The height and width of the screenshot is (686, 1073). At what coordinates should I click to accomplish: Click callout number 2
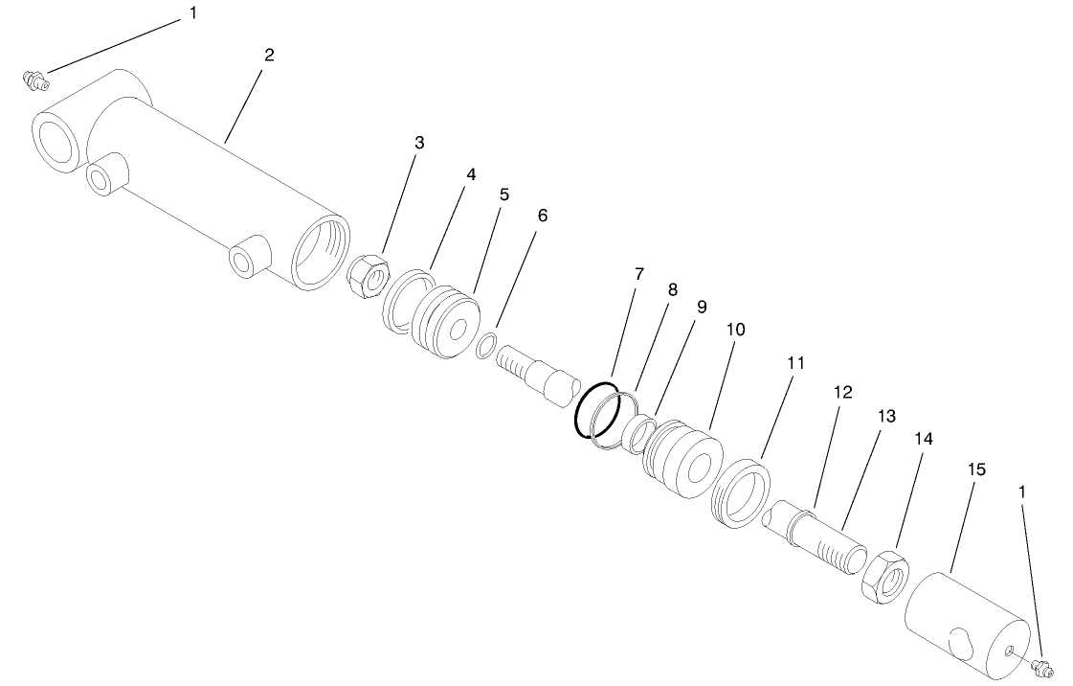[x=269, y=55]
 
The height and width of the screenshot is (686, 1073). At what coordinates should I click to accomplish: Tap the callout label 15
[x=976, y=469]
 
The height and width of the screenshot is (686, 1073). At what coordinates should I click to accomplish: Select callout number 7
[x=638, y=274]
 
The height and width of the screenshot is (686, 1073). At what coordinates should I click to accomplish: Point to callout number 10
[x=736, y=329]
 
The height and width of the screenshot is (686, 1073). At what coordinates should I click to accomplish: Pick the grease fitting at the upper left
[x=34, y=80]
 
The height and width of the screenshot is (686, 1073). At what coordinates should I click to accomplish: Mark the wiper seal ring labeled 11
[x=741, y=493]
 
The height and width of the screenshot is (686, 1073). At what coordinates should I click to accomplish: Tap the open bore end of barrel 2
[x=320, y=251]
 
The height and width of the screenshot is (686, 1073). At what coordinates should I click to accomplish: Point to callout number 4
[x=470, y=174]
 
